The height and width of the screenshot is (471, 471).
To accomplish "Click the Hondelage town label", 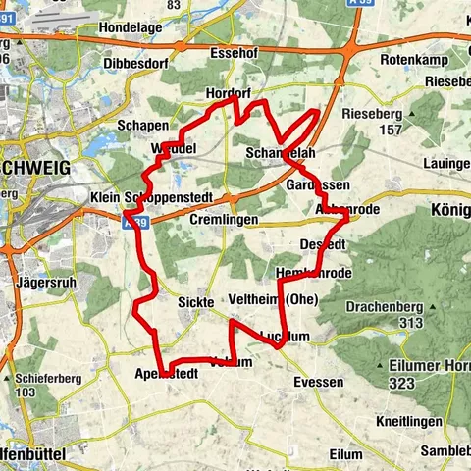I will tap(130, 28).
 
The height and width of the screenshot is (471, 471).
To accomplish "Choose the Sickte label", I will tap(195, 304).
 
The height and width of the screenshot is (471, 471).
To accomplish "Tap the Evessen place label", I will tap(318, 383).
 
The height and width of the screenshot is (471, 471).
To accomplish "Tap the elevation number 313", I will tap(412, 322).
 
